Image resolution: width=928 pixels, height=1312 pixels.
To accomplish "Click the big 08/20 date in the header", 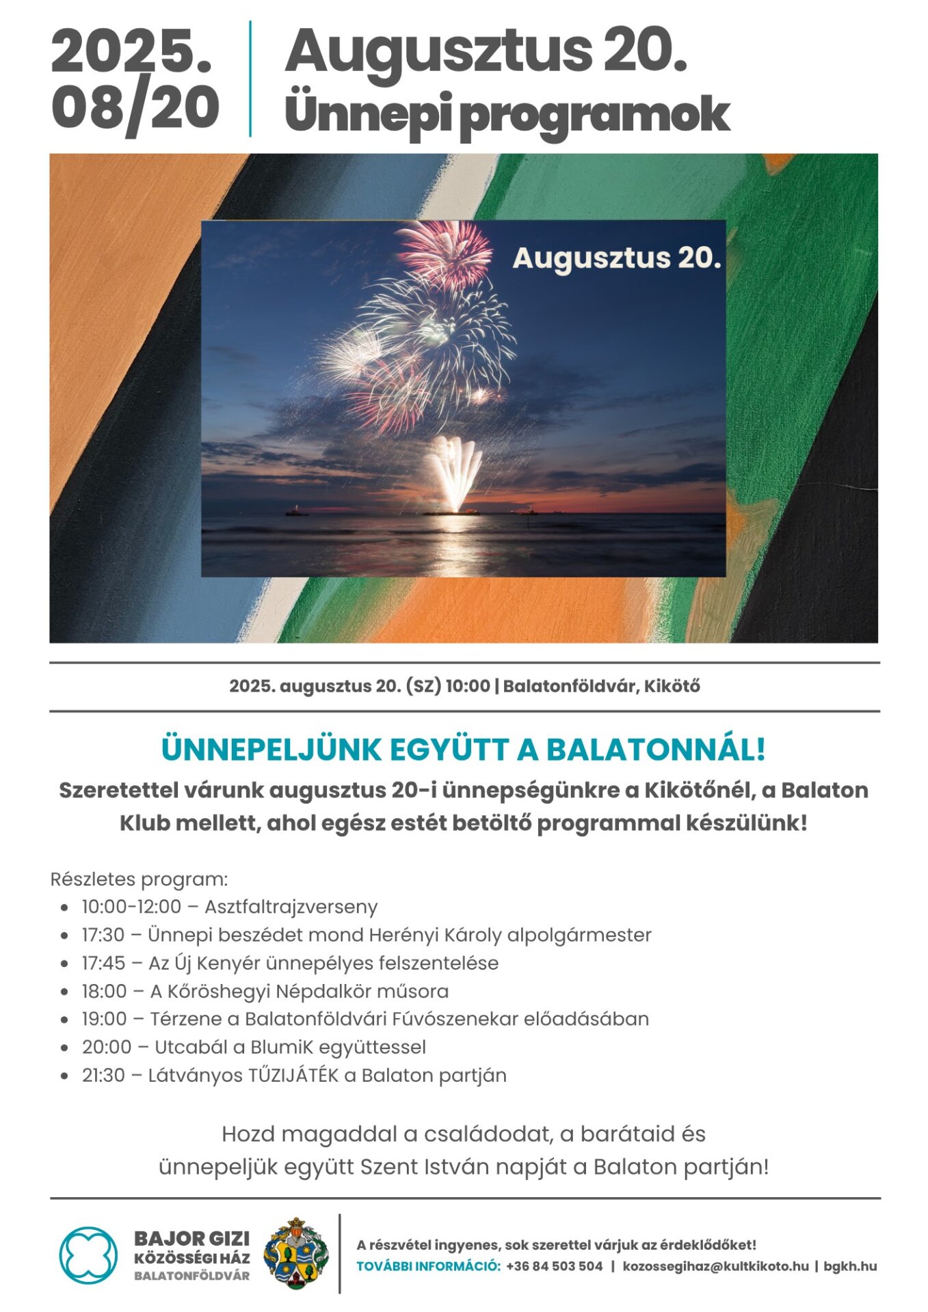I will [135, 108].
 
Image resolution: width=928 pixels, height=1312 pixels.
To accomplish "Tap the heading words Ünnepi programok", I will [507, 114].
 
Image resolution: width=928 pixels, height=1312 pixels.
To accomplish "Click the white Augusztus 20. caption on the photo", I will [617, 258].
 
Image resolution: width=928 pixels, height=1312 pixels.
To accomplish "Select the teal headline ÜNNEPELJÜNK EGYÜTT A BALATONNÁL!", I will [463, 750].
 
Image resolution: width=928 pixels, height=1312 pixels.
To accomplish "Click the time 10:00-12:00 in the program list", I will [131, 907].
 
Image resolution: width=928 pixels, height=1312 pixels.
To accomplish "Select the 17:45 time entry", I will [104, 963].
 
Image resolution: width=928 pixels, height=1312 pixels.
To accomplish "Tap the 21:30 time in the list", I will [104, 1075].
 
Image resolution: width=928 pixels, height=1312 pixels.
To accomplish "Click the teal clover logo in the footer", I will [88, 1255].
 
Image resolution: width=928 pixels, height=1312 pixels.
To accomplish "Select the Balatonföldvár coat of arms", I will [296, 1254].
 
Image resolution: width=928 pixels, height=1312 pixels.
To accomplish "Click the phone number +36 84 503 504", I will [555, 1266].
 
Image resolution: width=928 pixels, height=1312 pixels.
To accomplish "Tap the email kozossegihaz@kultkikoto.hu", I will [715, 1266].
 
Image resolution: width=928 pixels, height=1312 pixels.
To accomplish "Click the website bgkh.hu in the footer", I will [850, 1266].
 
